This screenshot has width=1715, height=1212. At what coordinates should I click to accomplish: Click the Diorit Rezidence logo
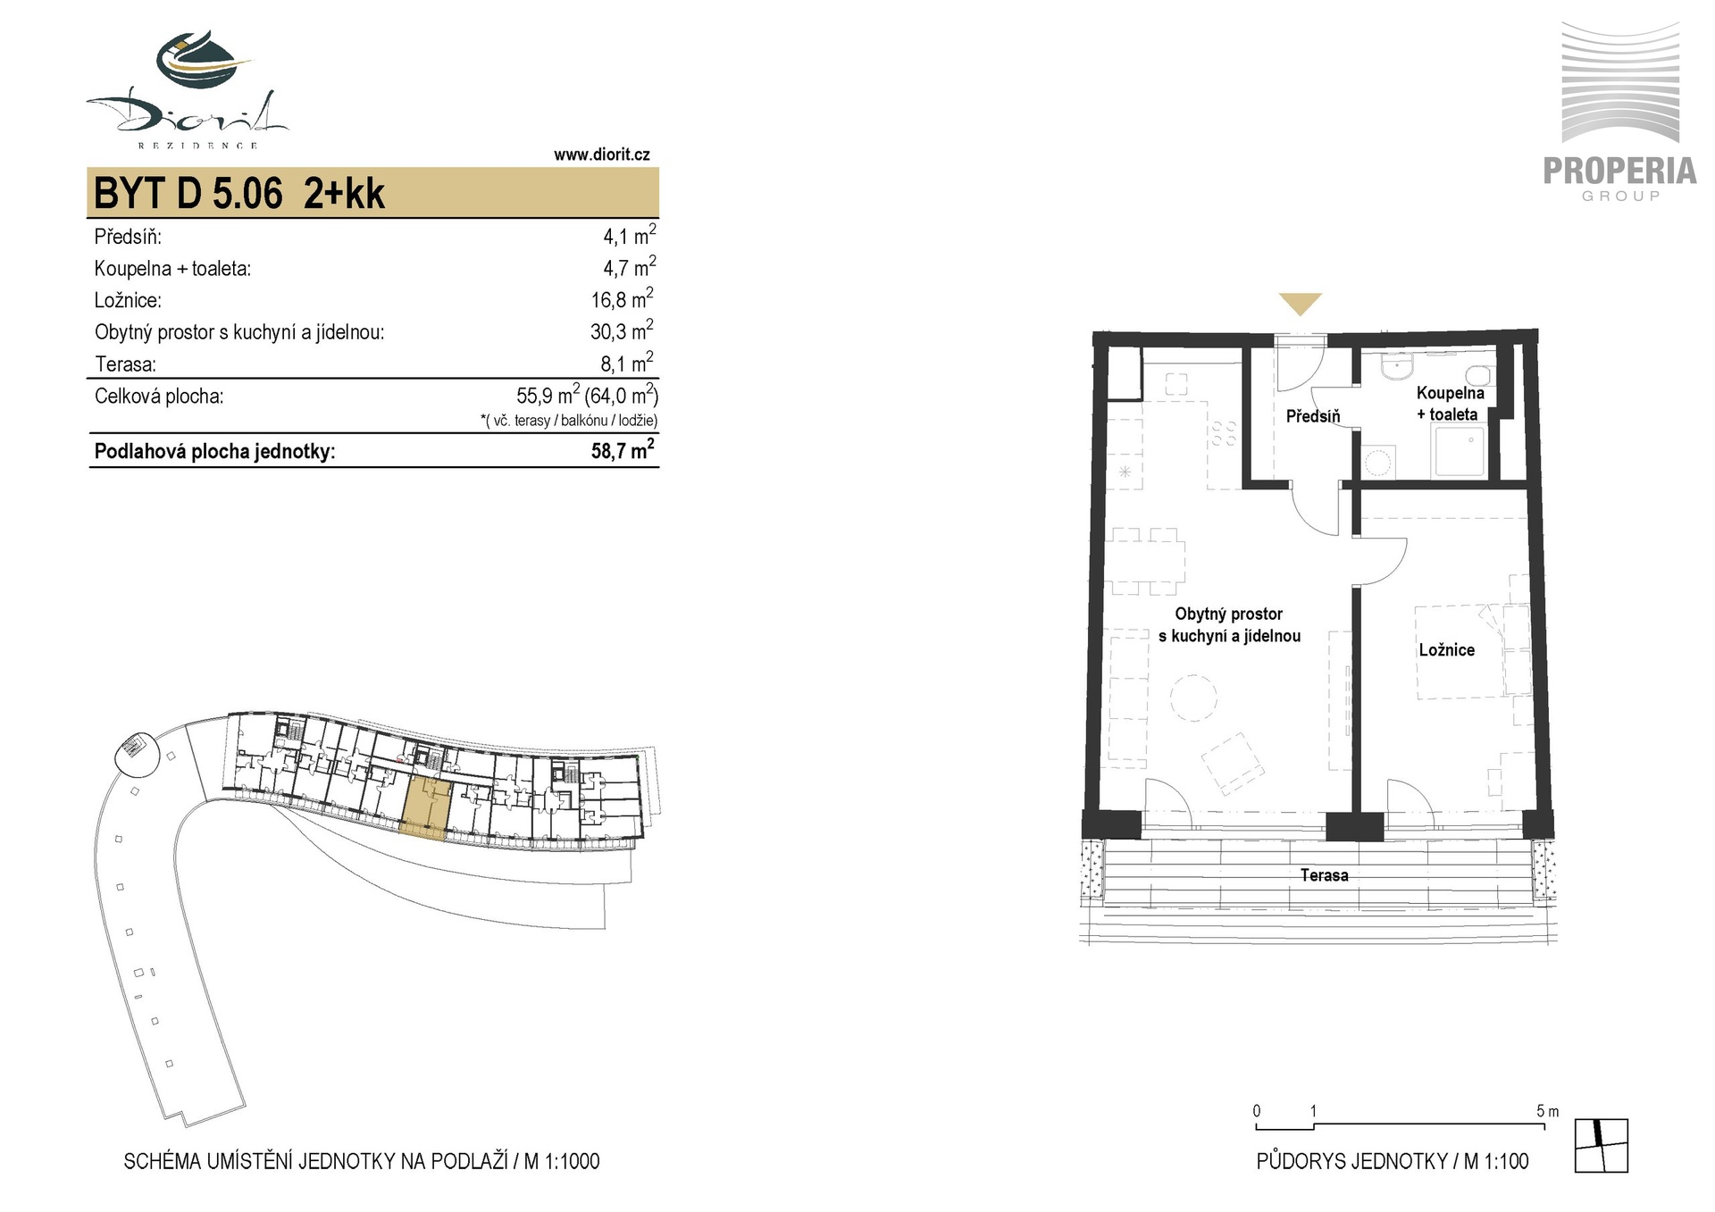[x=188, y=89]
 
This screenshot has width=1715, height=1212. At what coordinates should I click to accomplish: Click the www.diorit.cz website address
[x=601, y=155]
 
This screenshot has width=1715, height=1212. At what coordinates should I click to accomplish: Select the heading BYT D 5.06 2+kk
[x=239, y=193]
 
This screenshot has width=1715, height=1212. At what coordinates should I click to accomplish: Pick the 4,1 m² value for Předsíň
[x=629, y=235]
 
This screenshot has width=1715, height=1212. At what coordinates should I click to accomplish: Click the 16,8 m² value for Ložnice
[x=622, y=298]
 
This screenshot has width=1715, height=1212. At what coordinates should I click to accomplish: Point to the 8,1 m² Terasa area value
[x=627, y=363]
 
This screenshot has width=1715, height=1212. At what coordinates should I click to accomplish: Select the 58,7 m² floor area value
[x=623, y=449]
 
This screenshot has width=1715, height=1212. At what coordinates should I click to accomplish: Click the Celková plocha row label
[x=159, y=396]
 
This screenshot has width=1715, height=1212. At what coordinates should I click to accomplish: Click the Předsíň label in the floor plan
[x=1313, y=415]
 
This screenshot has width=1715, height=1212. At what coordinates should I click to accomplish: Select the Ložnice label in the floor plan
[x=1446, y=650]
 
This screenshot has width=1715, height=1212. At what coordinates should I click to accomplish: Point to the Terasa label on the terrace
[x=1324, y=875]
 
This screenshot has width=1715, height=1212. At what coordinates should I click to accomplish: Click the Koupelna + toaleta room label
[x=1450, y=403]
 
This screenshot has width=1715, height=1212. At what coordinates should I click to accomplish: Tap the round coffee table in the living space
[x=1193, y=698]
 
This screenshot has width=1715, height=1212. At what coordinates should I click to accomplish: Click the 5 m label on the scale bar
[x=1548, y=1111]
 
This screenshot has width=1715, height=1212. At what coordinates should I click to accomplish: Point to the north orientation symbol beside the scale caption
[x=1602, y=1145]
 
